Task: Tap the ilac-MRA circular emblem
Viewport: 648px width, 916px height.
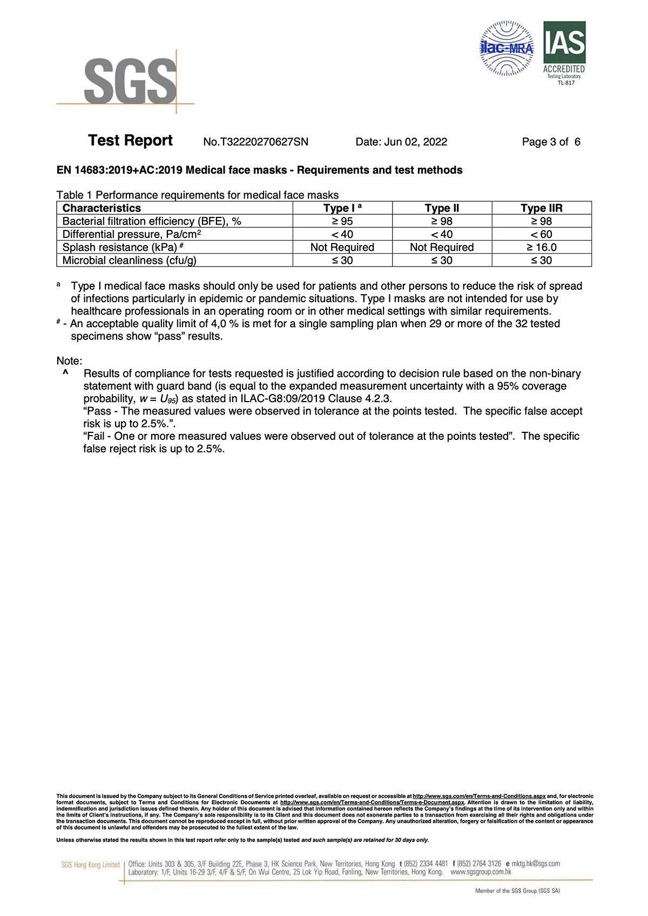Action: pos(507,49)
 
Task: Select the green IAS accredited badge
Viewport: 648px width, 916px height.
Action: pos(564,52)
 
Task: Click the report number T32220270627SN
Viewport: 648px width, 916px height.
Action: pos(255,142)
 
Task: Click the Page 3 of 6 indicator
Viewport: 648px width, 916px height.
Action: pos(551,142)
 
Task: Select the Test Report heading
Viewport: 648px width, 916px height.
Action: pos(130,141)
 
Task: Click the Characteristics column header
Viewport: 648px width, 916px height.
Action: pos(102,208)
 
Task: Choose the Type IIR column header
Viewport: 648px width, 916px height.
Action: pos(541,208)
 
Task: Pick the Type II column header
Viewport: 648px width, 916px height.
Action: pos(442,208)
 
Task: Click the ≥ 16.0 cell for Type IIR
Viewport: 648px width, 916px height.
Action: pos(541,247)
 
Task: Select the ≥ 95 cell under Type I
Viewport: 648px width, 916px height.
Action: pos(342,221)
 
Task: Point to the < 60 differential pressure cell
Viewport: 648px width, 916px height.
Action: pos(541,234)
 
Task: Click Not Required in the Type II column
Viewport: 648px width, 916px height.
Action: pos(442,247)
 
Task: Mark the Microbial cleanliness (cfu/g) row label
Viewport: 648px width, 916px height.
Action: pos(129,260)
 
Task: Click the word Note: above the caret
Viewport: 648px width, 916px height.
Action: pos(69,361)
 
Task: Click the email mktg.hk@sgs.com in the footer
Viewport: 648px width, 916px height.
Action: pos(535,864)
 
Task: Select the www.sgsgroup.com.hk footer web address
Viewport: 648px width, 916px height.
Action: pos(481,872)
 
